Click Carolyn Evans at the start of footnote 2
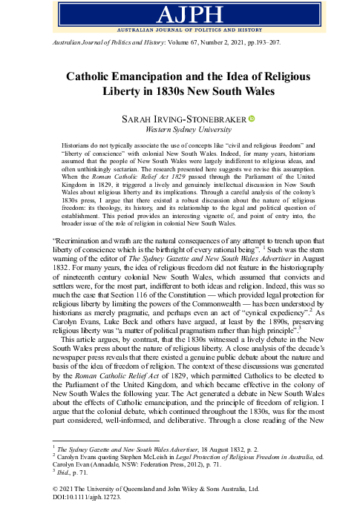(x=81, y=458)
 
